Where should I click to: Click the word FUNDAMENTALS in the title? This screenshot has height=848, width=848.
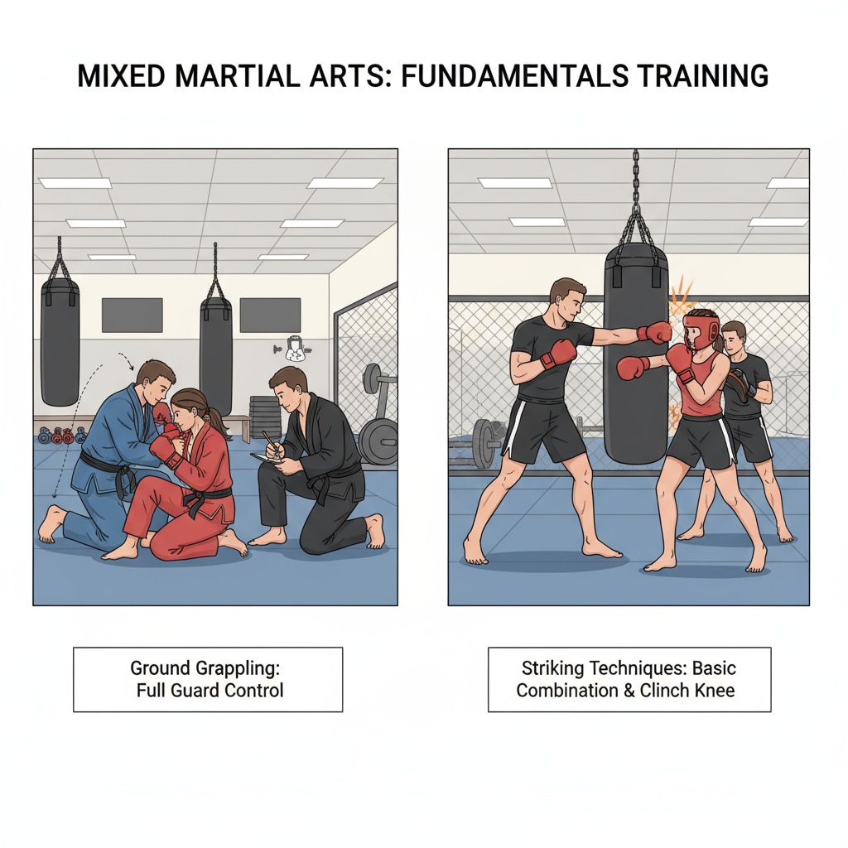514,75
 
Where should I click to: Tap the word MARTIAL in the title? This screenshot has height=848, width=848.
238,75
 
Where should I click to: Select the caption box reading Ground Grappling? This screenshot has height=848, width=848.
208,679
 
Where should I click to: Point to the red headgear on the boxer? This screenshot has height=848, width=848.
701,330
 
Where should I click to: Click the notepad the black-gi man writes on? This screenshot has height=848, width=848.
266,459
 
